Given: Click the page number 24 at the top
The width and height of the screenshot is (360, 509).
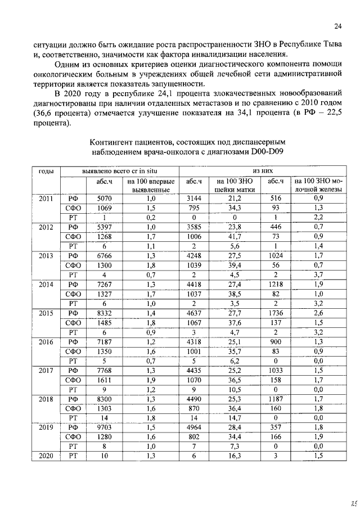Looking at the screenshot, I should click(x=337, y=26).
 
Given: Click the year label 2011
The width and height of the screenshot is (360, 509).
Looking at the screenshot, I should click(x=46, y=198).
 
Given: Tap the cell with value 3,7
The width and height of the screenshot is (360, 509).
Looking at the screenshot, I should click(x=318, y=274).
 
